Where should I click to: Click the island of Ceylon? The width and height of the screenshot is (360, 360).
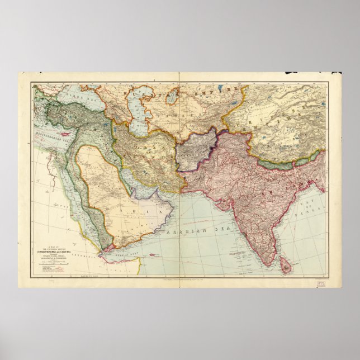286,266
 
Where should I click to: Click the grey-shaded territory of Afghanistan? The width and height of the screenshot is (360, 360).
196,151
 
